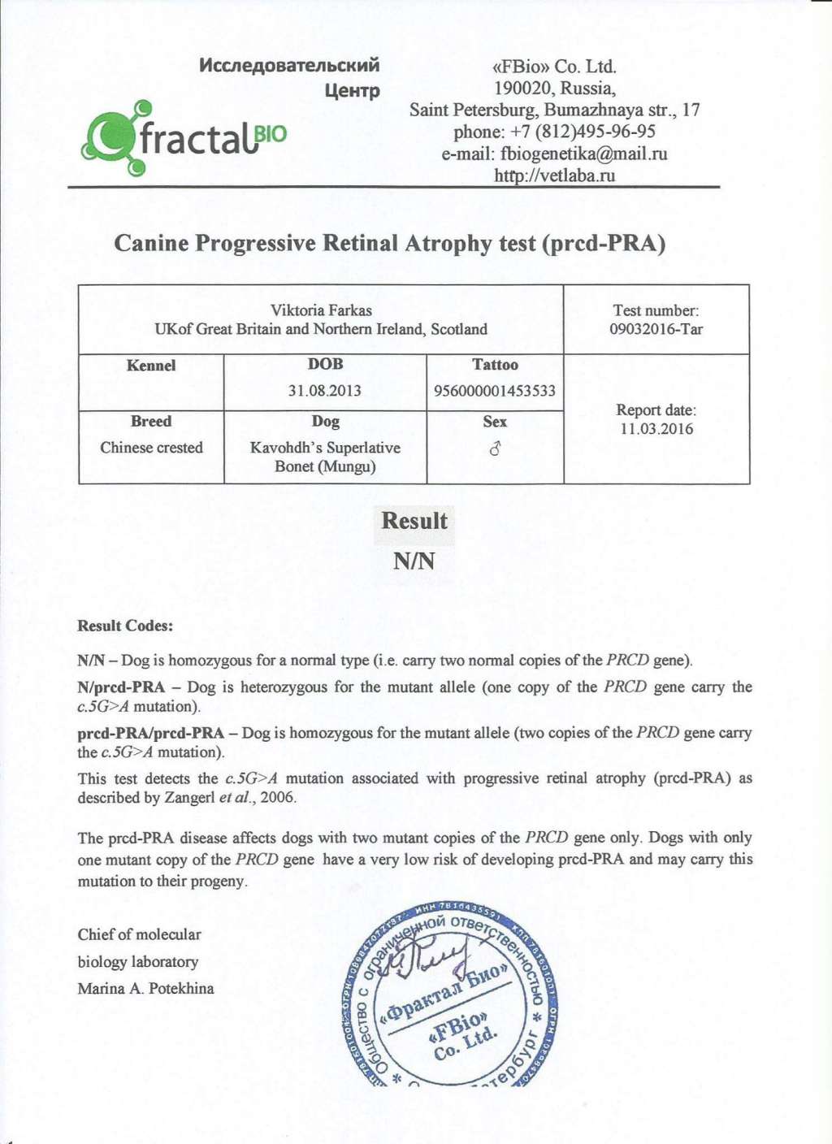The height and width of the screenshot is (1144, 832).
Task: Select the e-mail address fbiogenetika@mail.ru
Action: (x=583, y=154)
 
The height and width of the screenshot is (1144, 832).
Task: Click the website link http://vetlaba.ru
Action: (x=555, y=175)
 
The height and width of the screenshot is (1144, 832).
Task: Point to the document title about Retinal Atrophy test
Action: (x=390, y=243)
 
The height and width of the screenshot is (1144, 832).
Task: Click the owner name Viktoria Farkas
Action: (x=321, y=310)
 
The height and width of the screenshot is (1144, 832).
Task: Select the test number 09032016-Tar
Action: (x=656, y=329)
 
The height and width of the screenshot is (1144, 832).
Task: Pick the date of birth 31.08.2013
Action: (x=325, y=390)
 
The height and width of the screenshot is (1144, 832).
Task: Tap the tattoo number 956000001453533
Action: (x=495, y=391)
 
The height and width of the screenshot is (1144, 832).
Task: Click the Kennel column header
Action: (x=151, y=366)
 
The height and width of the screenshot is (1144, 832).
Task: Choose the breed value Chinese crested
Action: (x=151, y=448)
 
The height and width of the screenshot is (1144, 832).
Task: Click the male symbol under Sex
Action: (x=495, y=448)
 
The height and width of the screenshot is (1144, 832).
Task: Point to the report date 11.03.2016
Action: (x=656, y=429)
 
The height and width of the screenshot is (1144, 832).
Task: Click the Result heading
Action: (x=414, y=521)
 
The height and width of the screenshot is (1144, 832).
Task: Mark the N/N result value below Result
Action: (x=414, y=561)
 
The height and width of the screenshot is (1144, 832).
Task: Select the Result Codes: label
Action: (x=125, y=626)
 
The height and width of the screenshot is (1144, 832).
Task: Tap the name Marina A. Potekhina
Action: (x=146, y=988)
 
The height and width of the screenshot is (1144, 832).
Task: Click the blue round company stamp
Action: (x=449, y=995)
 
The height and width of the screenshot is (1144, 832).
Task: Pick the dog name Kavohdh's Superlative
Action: (x=325, y=448)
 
